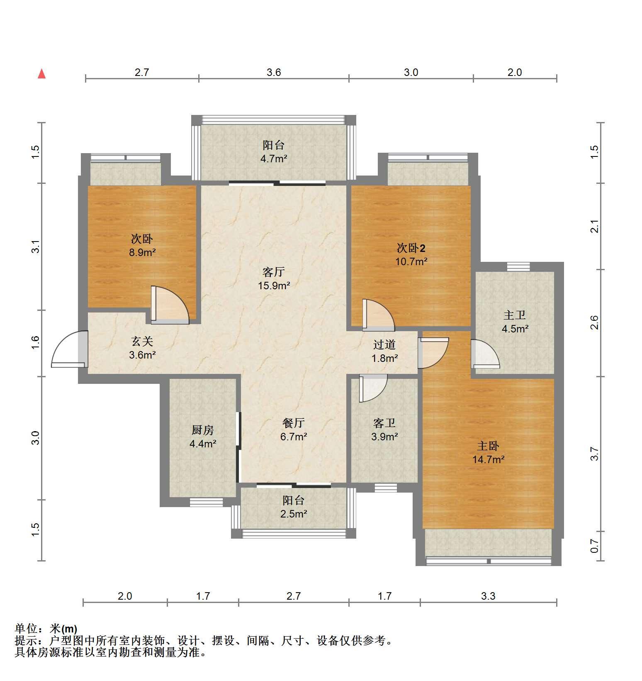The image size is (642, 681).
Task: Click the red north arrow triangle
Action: coord(41,74)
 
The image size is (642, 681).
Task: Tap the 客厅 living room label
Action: coord(274,272)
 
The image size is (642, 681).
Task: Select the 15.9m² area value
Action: coord(274,286)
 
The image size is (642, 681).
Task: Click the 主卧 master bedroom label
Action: coord(488,446)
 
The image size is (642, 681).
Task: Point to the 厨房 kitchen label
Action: coord(203,430)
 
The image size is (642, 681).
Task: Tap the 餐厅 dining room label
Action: coord(294,423)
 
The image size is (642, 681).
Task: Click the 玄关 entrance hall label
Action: coord(142,341)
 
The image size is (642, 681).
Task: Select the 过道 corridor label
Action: coord(384,344)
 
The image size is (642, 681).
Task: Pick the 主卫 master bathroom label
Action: coord(515,315)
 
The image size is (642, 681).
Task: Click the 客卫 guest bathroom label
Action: coord(384,423)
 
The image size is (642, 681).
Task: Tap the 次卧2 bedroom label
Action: coord(411,248)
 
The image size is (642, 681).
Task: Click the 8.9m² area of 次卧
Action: coord(142,252)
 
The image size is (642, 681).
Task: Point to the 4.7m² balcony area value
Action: coord(274,159)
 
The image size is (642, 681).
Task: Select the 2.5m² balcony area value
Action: coord(294,514)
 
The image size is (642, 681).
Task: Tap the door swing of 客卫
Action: coord(373,388)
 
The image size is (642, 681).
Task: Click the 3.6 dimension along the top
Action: coord(274,73)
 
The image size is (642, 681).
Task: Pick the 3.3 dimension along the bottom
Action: coord(488,596)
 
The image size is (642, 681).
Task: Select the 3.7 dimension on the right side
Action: coord(595,454)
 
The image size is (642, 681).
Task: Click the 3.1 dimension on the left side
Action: coord(36,247)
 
